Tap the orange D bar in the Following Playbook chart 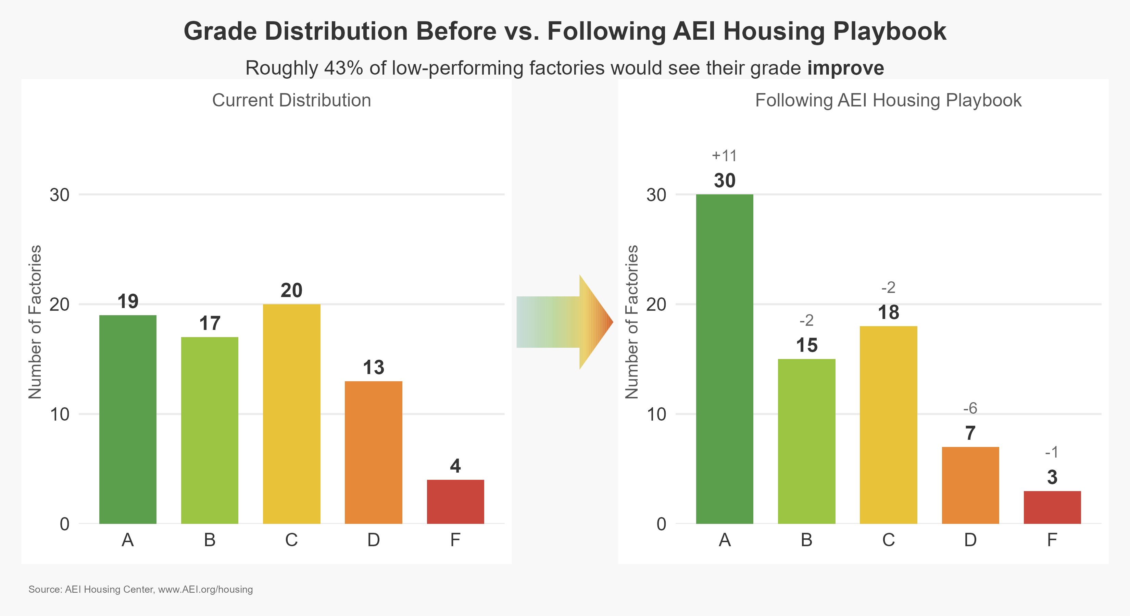click(970, 485)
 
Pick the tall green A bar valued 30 click(725, 359)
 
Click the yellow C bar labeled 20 click(292, 413)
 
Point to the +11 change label click(724, 156)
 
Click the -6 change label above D click(970, 408)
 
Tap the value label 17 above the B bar click(210, 323)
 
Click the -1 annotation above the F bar click(1052, 452)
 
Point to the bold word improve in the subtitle click(845, 68)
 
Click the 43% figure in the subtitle click(343, 68)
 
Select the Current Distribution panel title click(292, 100)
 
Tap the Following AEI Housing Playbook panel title click(888, 100)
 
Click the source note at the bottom click(141, 589)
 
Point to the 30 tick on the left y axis click(60, 195)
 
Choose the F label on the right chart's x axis click(1052, 540)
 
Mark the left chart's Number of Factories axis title click(35, 322)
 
